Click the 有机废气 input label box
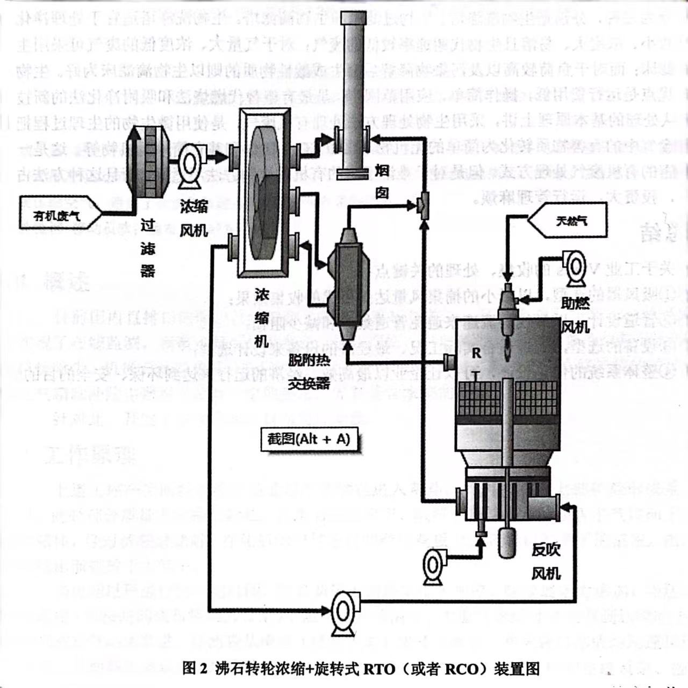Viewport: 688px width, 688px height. pos(59,213)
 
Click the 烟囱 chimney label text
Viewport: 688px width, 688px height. pos(382,182)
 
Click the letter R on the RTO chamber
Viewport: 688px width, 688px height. pos(476,353)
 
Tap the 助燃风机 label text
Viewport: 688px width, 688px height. pos(575,315)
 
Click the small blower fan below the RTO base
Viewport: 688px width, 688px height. pos(433,565)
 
